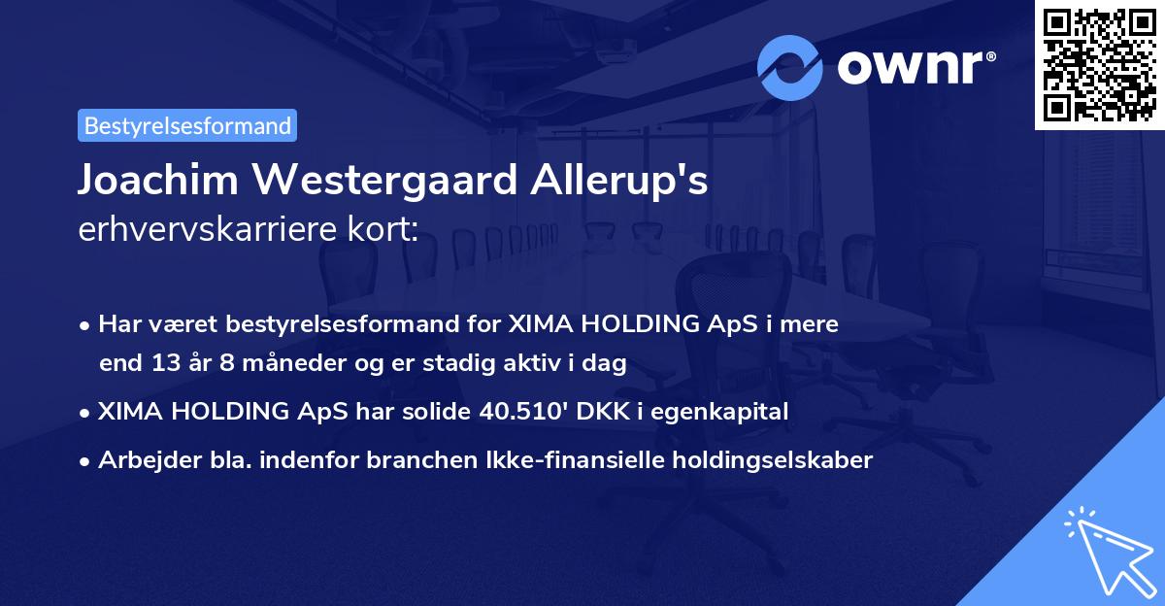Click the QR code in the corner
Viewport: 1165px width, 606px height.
1099,64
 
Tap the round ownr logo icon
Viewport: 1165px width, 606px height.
790,67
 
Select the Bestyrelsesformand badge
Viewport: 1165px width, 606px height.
187,125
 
